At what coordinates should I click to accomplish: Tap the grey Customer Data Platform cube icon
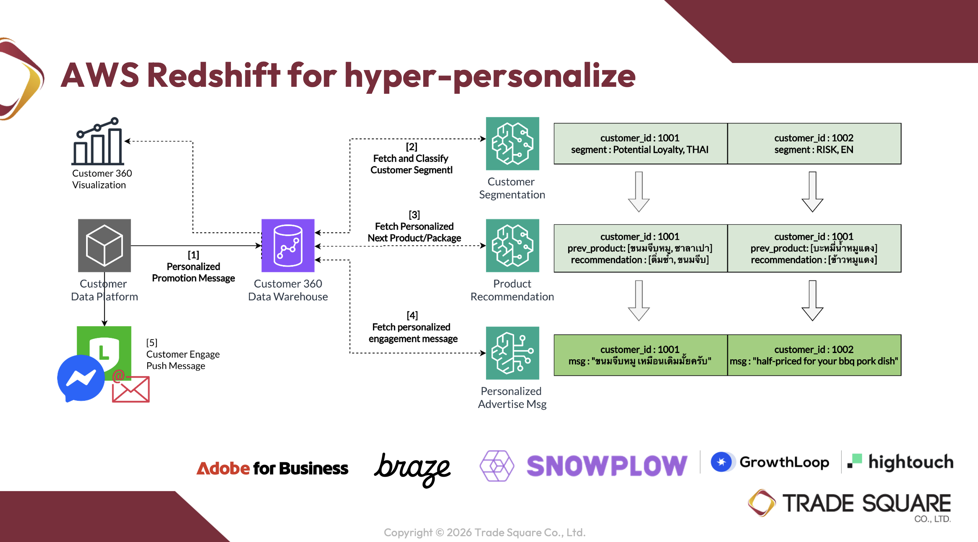(104, 245)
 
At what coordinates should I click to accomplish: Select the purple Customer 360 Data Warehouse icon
(288, 245)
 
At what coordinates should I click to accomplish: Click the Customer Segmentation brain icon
(512, 143)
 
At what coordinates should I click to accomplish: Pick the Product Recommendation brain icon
(512, 245)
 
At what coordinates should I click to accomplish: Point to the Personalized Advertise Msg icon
(512, 353)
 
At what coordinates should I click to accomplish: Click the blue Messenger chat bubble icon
(80, 378)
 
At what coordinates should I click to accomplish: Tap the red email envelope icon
(131, 389)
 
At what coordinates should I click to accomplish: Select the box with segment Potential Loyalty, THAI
(640, 143)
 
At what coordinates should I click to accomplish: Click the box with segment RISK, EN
(814, 143)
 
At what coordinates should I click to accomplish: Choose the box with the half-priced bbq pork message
(814, 355)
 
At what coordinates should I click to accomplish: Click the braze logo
(413, 469)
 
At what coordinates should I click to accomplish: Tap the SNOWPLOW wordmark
(606, 466)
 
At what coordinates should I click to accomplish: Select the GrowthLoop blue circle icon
(721, 462)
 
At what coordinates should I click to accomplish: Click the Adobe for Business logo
(272, 468)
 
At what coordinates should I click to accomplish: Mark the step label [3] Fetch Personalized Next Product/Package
(414, 227)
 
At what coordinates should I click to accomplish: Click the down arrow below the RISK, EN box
(812, 192)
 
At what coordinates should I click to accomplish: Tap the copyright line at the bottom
(484, 532)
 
